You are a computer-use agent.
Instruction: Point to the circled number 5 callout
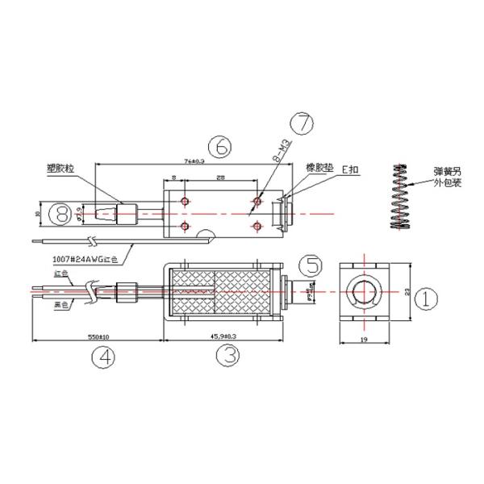310,266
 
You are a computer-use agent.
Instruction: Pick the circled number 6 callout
219,148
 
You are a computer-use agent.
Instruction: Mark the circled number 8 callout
60,214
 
